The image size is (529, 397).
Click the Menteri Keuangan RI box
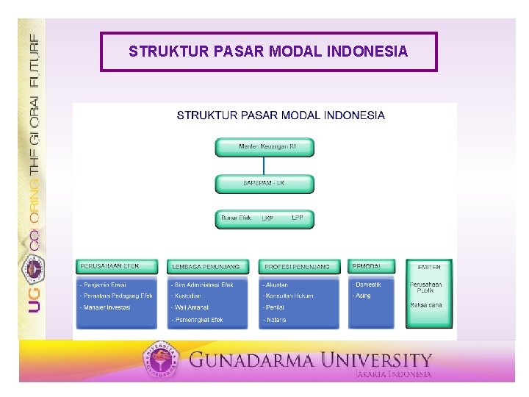(x=264, y=147)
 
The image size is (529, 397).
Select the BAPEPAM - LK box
(x=264, y=183)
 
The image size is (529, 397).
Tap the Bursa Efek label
(x=236, y=218)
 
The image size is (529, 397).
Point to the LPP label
(x=298, y=218)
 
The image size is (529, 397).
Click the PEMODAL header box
(x=373, y=265)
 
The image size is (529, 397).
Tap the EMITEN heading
(x=429, y=267)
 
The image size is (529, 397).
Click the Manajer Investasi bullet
(x=106, y=307)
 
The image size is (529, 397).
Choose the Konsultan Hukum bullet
(x=288, y=296)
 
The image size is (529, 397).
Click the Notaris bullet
(x=276, y=320)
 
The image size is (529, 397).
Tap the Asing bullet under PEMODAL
(x=362, y=296)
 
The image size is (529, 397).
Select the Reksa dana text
(x=426, y=305)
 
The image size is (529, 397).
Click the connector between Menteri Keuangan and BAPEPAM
(x=264, y=165)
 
